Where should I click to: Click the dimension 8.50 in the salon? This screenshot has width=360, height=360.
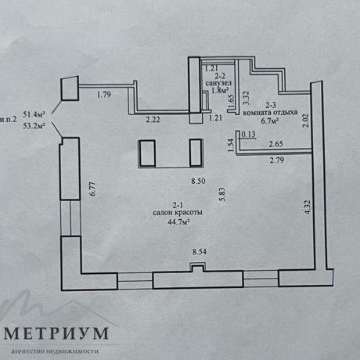198,181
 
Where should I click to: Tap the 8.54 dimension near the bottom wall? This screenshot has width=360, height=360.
200,252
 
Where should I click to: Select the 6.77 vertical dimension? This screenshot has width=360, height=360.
93,189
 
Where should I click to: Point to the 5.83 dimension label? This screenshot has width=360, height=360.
222,194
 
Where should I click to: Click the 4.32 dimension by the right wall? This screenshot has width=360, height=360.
308,207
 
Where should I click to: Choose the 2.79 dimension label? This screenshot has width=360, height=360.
277,160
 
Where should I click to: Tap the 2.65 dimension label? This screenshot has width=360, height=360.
276,144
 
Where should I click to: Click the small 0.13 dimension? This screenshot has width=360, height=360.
249,135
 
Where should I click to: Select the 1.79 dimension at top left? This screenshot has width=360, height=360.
104,95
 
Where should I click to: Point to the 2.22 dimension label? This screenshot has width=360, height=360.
153,120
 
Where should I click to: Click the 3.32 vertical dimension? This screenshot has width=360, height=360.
246,98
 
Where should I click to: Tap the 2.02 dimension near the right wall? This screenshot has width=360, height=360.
305,121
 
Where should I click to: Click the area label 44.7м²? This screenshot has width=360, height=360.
178,222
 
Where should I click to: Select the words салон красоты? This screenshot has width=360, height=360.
178,213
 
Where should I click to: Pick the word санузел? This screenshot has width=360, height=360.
218,84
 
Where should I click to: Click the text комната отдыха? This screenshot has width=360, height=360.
270,113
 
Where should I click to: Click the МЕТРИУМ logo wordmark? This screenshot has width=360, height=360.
56,333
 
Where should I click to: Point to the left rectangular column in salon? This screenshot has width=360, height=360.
147,153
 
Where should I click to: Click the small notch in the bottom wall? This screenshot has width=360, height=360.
198,268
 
